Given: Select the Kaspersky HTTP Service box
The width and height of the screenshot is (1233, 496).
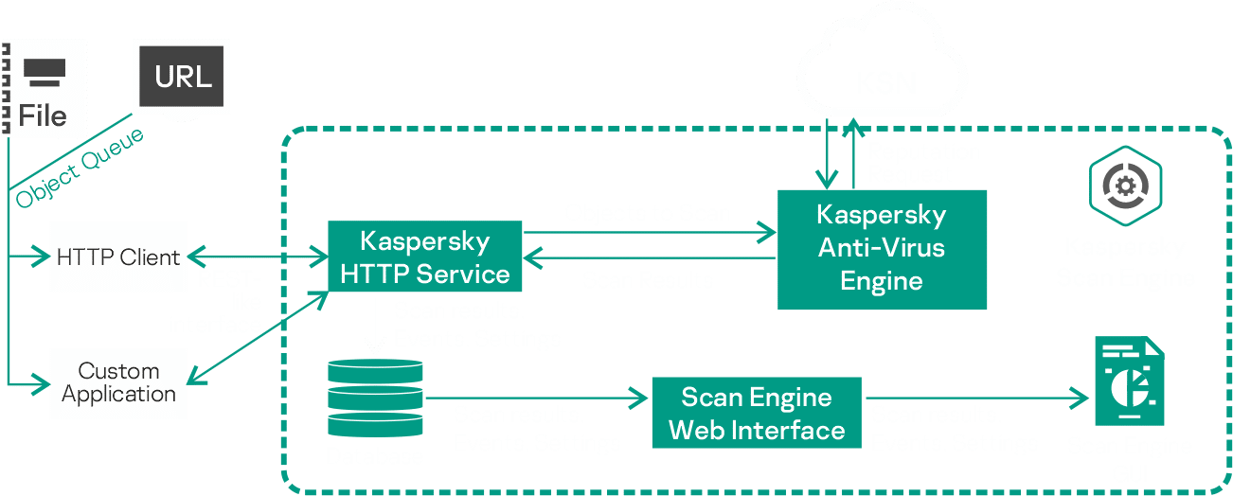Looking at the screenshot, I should tap(424, 257).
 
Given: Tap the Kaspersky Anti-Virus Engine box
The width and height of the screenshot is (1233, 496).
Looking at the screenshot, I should tap(882, 249).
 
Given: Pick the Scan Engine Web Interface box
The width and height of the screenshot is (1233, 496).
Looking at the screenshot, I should tap(756, 413).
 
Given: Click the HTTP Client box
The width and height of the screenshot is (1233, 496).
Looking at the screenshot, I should tap(118, 257).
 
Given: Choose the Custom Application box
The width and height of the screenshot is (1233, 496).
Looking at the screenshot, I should tap(118, 382).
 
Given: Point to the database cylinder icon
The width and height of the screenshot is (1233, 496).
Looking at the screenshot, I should tap(373, 398).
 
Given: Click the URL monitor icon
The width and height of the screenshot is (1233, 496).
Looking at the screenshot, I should tap(184, 80).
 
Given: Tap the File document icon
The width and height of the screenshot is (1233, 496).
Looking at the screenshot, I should tap(44, 87).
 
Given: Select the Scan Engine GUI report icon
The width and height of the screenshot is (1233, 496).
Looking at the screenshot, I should tap(1128, 382).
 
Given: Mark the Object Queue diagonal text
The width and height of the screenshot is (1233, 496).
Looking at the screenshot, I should tap(80, 168).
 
